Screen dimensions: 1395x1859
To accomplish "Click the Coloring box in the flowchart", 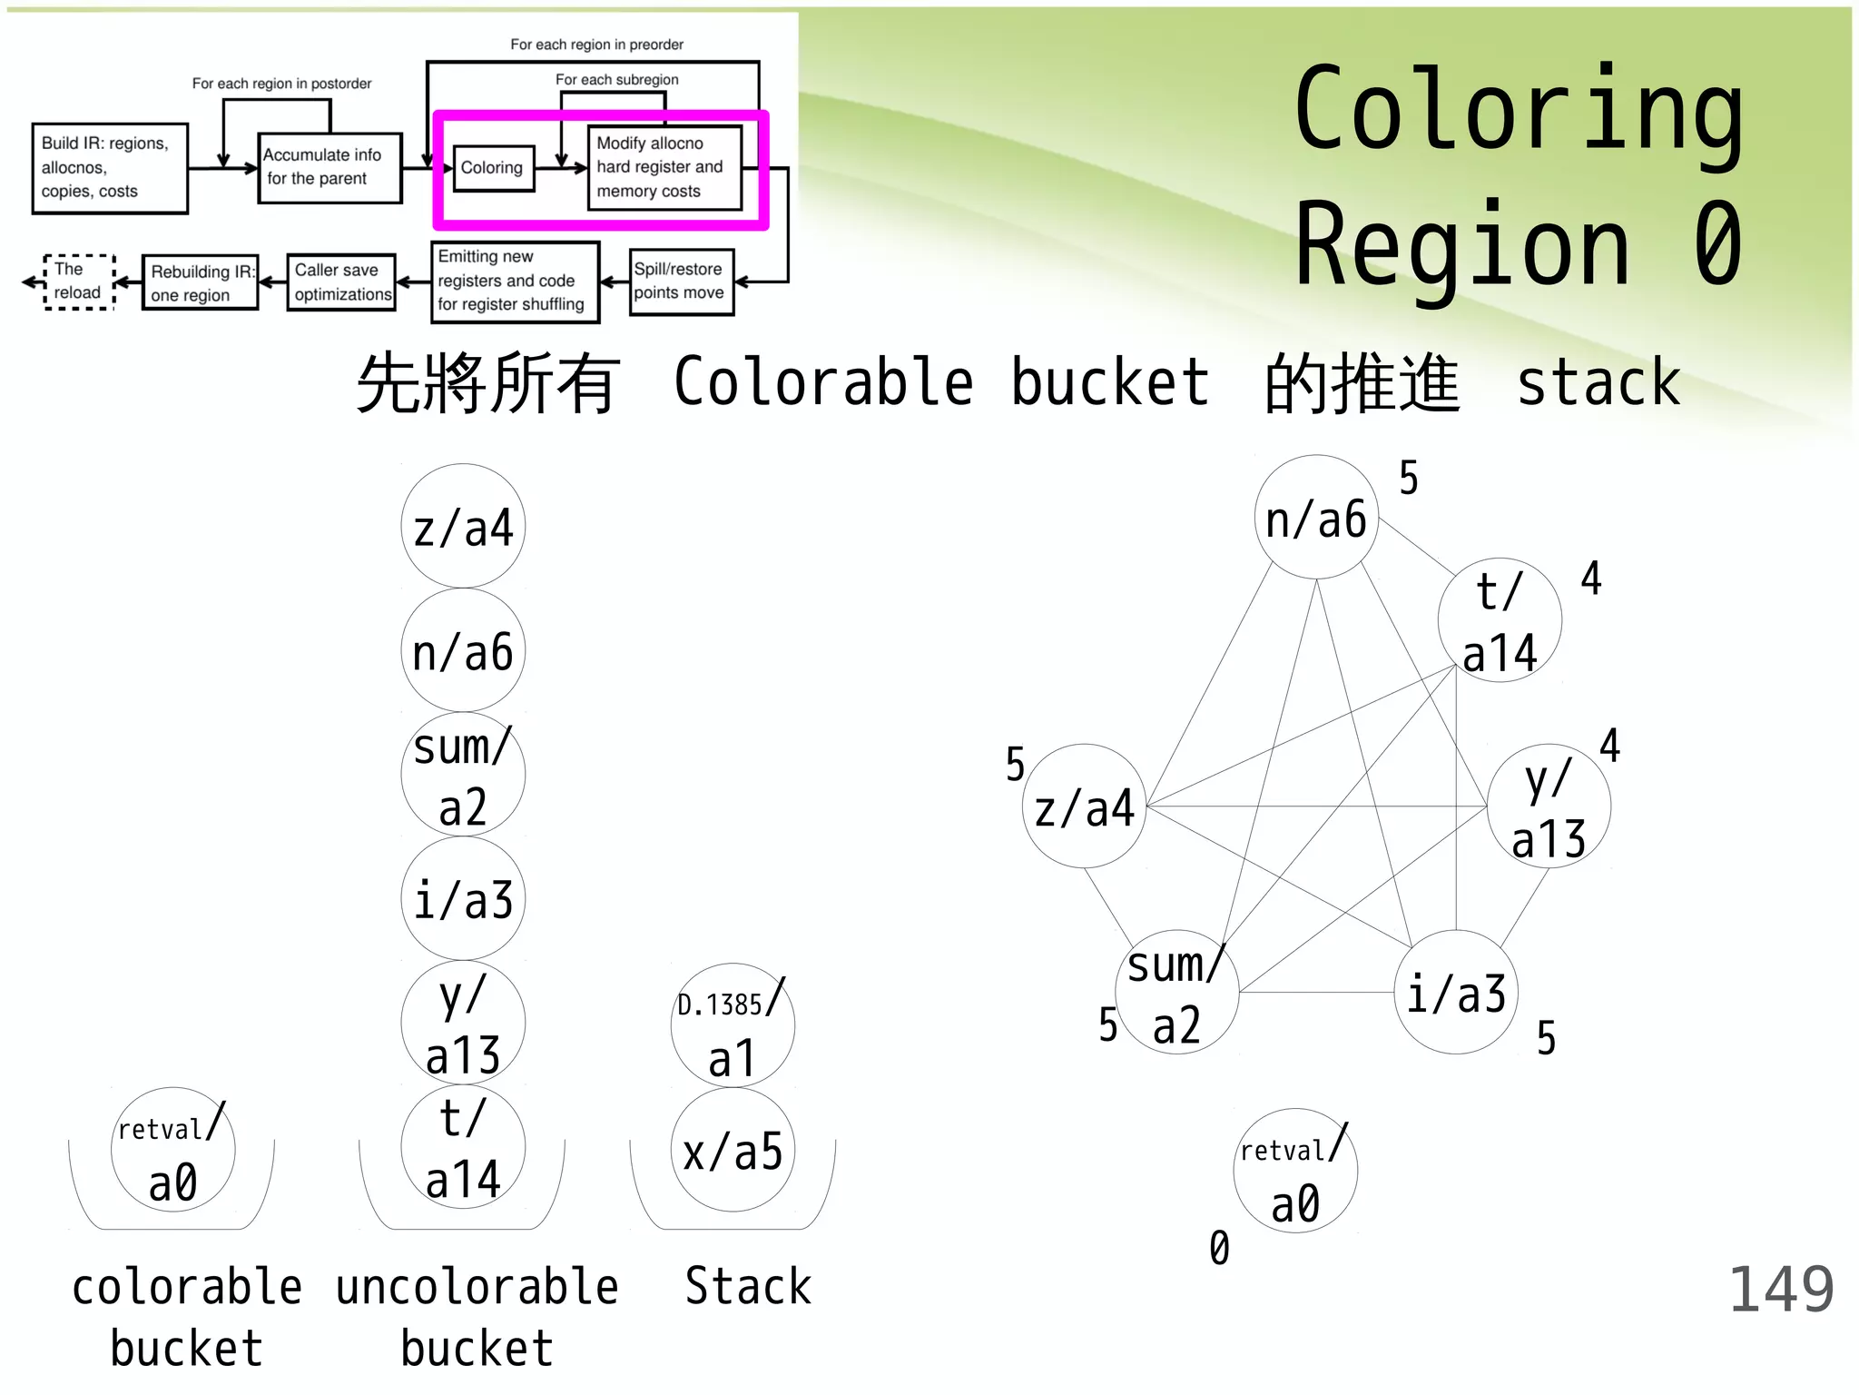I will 492,168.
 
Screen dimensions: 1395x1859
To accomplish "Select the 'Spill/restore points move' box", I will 681,282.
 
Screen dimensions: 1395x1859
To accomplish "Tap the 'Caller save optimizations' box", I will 341,282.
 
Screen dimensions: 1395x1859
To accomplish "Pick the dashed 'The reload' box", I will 79,282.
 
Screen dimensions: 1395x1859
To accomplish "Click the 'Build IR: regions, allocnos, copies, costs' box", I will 110,168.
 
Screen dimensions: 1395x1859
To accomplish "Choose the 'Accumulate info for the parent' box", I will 329,168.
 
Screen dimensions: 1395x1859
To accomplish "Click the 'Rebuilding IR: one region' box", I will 200,282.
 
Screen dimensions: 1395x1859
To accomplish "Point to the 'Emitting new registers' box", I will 515,282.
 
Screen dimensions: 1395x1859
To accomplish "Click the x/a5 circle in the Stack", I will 733,1150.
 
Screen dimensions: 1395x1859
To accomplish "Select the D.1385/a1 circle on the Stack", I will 733,1025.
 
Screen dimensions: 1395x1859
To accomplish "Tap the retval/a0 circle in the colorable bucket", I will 172,1150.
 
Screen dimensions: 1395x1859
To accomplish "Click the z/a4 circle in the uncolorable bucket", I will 463,527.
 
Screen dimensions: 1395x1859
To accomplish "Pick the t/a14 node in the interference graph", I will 1500,621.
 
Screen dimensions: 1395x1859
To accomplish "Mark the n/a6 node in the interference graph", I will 1316,518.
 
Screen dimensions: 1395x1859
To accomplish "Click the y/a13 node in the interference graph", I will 1549,806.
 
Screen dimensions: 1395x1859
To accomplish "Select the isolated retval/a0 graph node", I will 1295,1171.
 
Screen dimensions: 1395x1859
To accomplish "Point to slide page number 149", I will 1781,1289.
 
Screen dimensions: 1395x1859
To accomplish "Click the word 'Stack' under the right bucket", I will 748,1287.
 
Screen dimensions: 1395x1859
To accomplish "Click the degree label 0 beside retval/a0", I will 1219,1248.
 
